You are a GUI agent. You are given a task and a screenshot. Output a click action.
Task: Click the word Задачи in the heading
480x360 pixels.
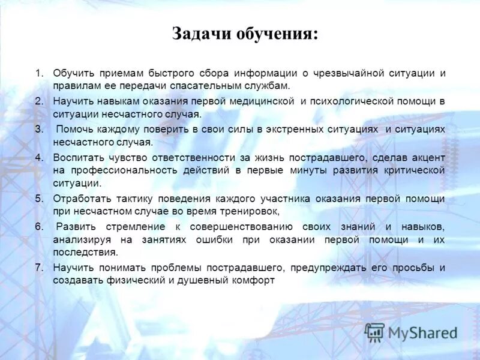click(199, 34)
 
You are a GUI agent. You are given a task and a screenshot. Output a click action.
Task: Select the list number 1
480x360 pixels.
click(39, 73)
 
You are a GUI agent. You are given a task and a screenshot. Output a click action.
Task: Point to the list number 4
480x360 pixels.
click(39, 157)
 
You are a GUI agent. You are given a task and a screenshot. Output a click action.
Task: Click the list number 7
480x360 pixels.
click(39, 268)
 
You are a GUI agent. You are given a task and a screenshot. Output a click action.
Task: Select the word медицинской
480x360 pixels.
click(260, 101)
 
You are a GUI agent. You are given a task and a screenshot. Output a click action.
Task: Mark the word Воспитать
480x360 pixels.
click(78, 157)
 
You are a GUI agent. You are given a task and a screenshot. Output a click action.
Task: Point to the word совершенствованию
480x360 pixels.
click(241, 226)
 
